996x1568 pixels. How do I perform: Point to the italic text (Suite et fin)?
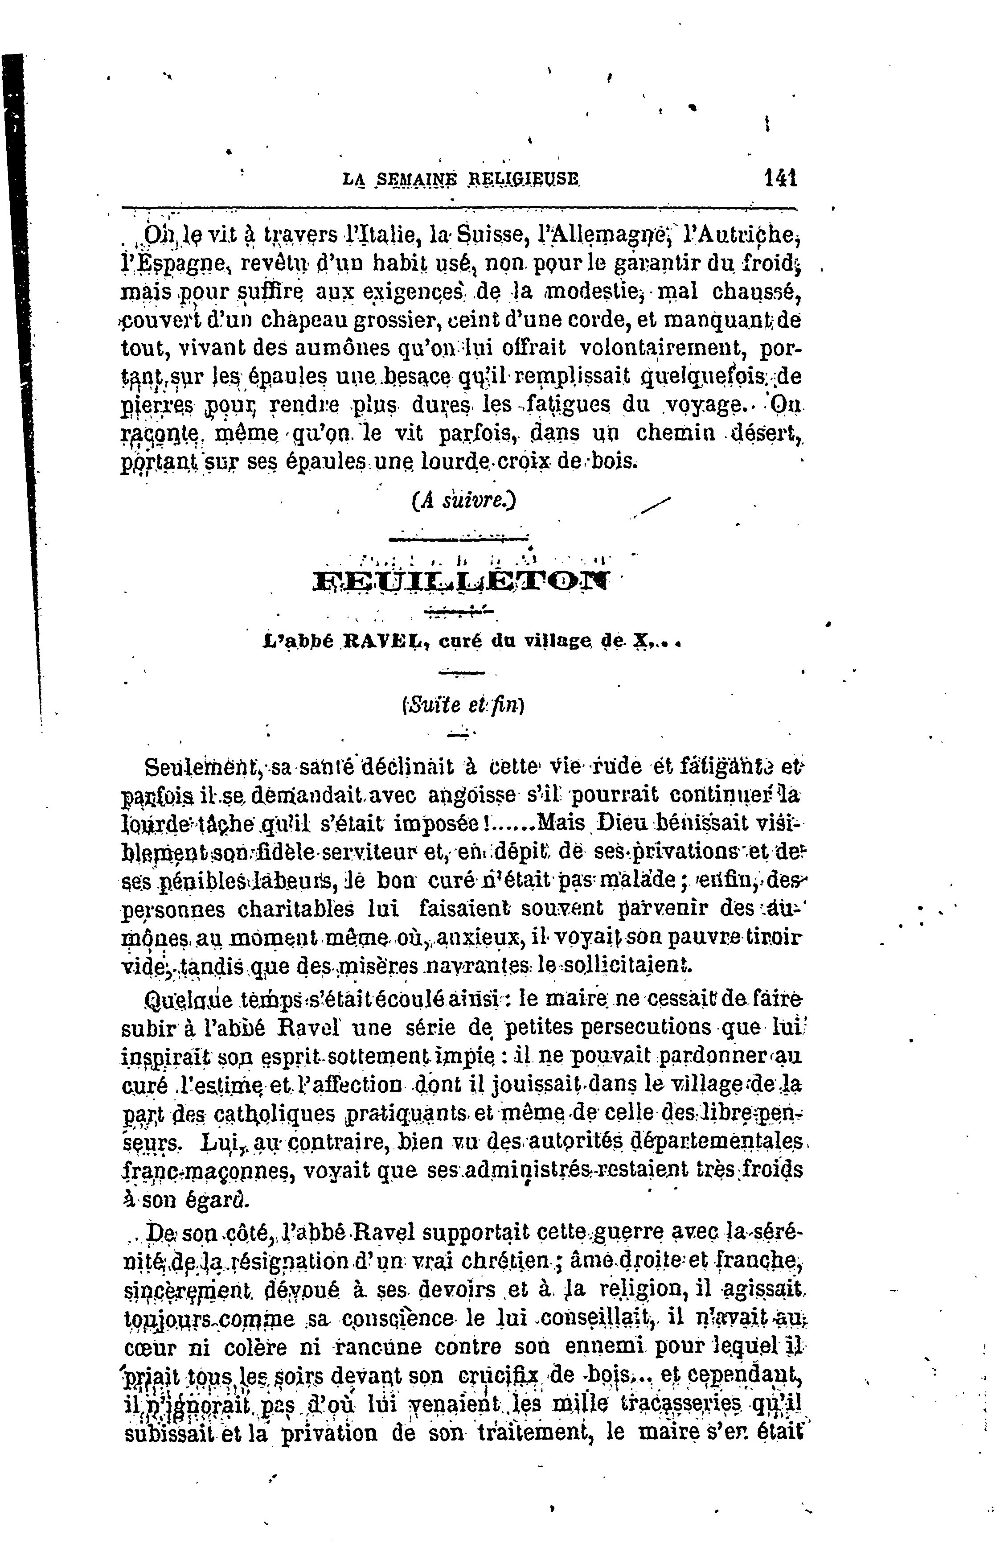pos(463,705)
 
